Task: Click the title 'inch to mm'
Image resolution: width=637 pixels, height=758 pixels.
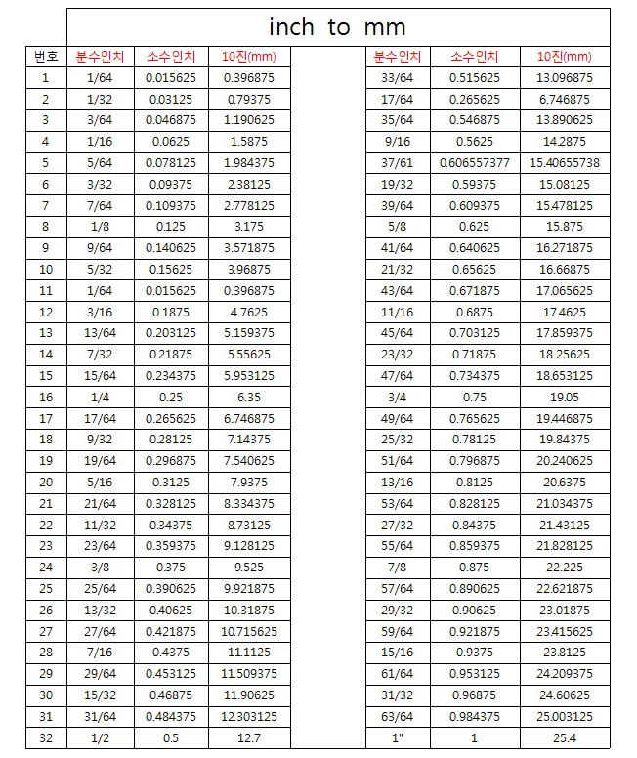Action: pyautogui.click(x=337, y=27)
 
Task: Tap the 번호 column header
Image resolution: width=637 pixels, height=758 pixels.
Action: pyautogui.click(x=45, y=57)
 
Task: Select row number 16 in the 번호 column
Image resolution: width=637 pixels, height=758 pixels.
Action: pyautogui.click(x=45, y=398)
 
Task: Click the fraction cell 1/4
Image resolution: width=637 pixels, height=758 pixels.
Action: pyautogui.click(x=100, y=398)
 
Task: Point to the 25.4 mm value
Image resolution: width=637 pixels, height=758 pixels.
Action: pyautogui.click(x=564, y=738)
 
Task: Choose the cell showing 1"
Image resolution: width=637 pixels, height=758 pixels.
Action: pyautogui.click(x=396, y=738)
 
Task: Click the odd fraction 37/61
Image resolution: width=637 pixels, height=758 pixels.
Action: pyautogui.click(x=396, y=162)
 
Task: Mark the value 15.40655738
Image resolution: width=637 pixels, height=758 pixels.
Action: pyautogui.click(x=564, y=162)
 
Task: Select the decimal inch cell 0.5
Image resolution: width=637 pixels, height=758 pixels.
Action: pyautogui.click(x=170, y=738)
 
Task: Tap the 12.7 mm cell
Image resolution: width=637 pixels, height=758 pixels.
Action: pyautogui.click(x=249, y=738)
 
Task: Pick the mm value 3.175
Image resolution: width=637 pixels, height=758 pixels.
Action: pyautogui.click(x=249, y=227)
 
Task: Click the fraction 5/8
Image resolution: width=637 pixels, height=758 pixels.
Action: pyautogui.click(x=396, y=227)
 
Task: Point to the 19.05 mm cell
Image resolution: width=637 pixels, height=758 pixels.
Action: pyautogui.click(x=564, y=398)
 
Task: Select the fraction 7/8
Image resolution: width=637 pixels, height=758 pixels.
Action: pyautogui.click(x=396, y=568)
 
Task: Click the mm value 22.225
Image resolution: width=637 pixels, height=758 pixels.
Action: pyautogui.click(x=564, y=568)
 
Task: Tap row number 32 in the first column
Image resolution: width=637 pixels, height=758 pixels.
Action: pyautogui.click(x=45, y=738)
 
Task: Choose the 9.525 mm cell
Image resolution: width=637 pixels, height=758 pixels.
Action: pyautogui.click(x=249, y=568)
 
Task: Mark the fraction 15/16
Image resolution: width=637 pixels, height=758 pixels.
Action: pyautogui.click(x=396, y=653)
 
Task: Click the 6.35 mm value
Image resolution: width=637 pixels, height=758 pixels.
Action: pyautogui.click(x=249, y=398)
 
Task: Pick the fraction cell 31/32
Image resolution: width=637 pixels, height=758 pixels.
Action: pyautogui.click(x=396, y=695)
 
